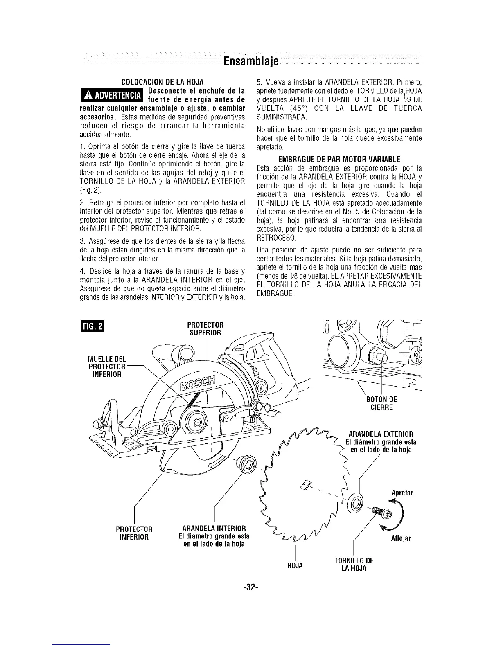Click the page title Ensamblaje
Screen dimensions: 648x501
(x=250, y=62)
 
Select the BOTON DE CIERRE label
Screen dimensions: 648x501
(x=381, y=403)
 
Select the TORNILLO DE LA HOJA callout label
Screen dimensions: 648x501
(x=353, y=564)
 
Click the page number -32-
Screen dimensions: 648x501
(x=250, y=588)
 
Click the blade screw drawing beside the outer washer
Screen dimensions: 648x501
(x=377, y=511)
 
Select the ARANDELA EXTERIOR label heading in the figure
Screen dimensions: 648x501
(x=380, y=434)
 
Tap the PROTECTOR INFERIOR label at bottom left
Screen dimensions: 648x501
(x=134, y=531)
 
